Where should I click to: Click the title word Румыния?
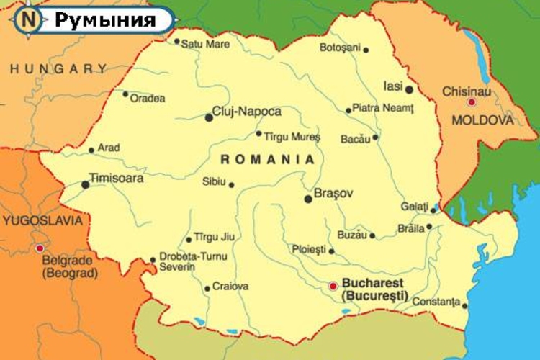105,19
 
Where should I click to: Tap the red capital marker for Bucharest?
333,286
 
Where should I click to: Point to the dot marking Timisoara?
86,184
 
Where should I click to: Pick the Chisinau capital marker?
472,102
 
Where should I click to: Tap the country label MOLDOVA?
482,120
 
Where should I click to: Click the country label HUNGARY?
58,69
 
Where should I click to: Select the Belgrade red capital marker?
40,248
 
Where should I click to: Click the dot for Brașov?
308,199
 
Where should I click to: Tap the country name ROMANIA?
268,159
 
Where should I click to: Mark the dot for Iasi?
409,90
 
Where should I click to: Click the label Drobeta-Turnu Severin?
185,261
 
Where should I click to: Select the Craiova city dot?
207,289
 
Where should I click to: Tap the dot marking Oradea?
125,94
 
